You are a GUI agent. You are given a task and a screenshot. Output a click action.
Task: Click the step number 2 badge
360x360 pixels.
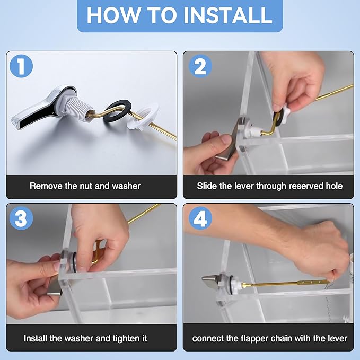[x=200, y=67]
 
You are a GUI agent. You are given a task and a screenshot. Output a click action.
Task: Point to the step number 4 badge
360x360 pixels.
[x=200, y=219]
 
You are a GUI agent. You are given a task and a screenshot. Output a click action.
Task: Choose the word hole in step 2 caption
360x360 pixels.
[x=333, y=186]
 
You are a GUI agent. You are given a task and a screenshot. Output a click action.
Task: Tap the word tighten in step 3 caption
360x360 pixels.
[x=122, y=338]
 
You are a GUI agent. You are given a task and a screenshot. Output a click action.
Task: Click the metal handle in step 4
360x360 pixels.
[x=212, y=280]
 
